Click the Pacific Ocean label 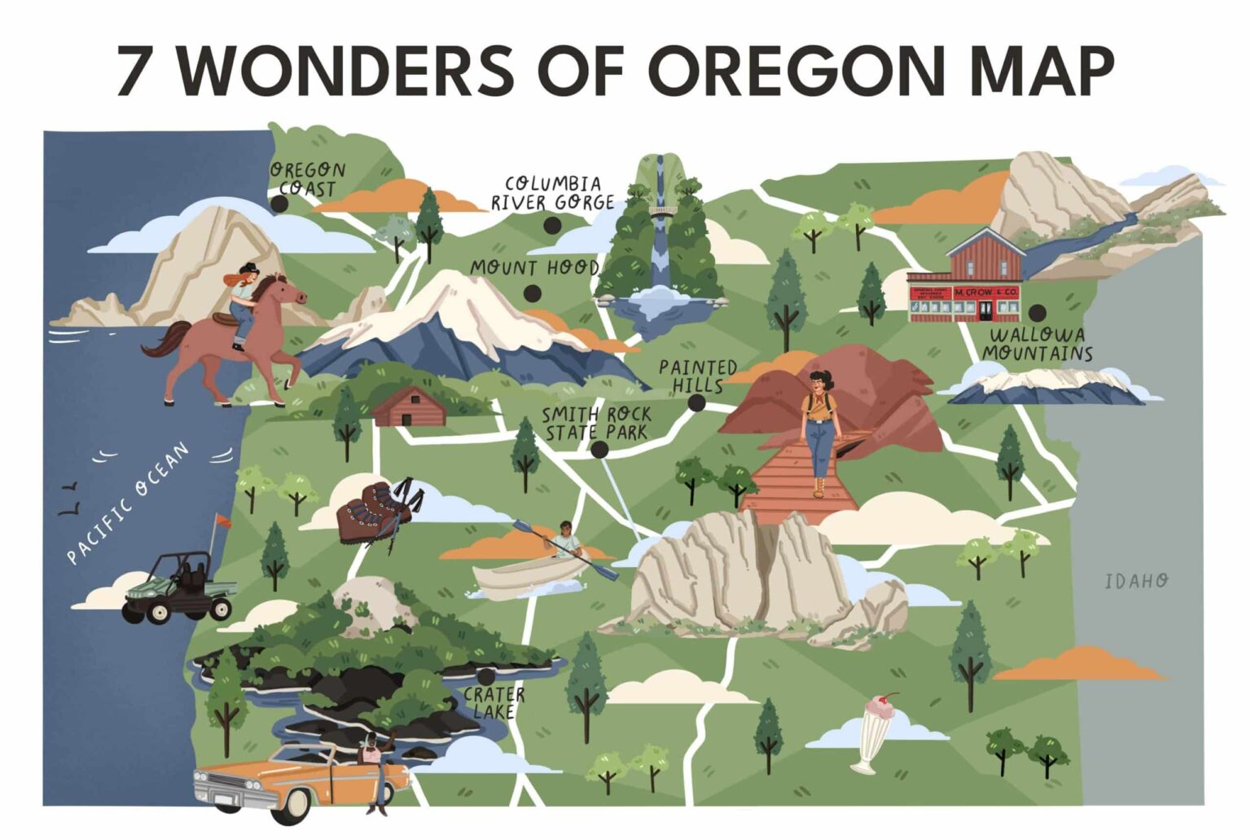(128, 503)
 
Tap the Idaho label (1136, 581)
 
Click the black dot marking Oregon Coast (279, 204)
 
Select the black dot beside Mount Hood (533, 293)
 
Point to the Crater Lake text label (494, 702)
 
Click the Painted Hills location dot (696, 402)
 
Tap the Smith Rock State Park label (597, 424)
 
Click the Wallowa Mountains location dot (1037, 312)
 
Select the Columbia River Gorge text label (552, 193)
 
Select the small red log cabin (410, 407)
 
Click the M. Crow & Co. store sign (985, 292)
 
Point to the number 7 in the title (135, 71)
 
